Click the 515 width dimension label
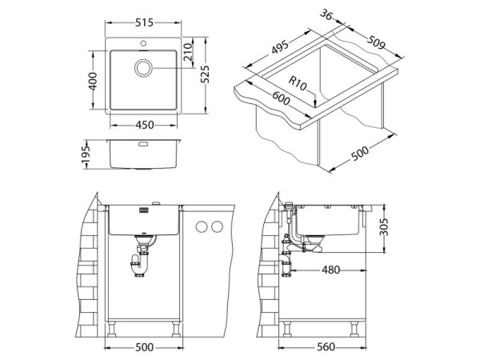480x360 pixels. click(144, 22)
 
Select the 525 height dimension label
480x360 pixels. click(205, 74)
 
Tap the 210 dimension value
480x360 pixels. click(188, 51)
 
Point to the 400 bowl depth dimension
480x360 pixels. click(93, 81)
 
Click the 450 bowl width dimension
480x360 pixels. click(145, 125)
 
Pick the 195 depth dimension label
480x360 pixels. click(86, 154)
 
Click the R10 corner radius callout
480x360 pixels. click(298, 83)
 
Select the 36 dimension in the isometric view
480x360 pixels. click(326, 14)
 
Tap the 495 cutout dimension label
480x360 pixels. click(280, 47)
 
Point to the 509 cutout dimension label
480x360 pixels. click(376, 42)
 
